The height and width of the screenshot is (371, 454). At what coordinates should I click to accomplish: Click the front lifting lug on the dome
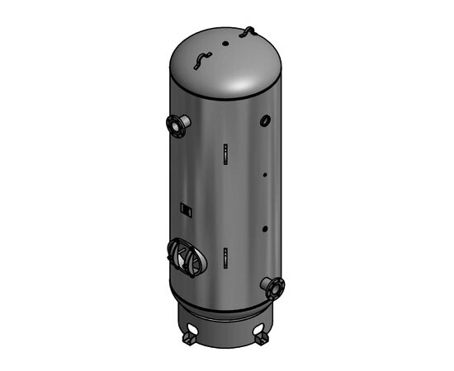point(201,60)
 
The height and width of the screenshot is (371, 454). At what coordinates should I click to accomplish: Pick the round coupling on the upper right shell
point(265,121)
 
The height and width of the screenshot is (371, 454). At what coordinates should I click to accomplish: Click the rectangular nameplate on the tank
point(186,209)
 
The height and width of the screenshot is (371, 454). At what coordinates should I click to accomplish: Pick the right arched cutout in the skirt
point(262,326)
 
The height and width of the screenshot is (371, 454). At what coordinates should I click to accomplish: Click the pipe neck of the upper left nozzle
point(184,123)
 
